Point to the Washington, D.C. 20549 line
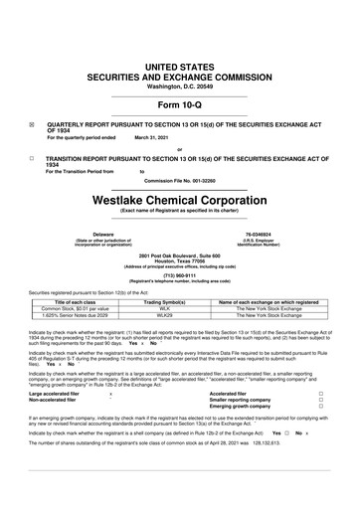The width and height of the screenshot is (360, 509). pyautogui.click(x=180, y=86)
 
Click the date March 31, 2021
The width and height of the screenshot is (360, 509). pyautogui.click(x=153, y=137)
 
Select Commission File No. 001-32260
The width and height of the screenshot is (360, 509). pyautogui.click(x=180, y=180)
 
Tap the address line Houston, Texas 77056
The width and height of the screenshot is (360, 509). pyautogui.click(x=180, y=261)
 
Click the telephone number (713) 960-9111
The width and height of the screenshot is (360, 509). pyautogui.click(x=180, y=277)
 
